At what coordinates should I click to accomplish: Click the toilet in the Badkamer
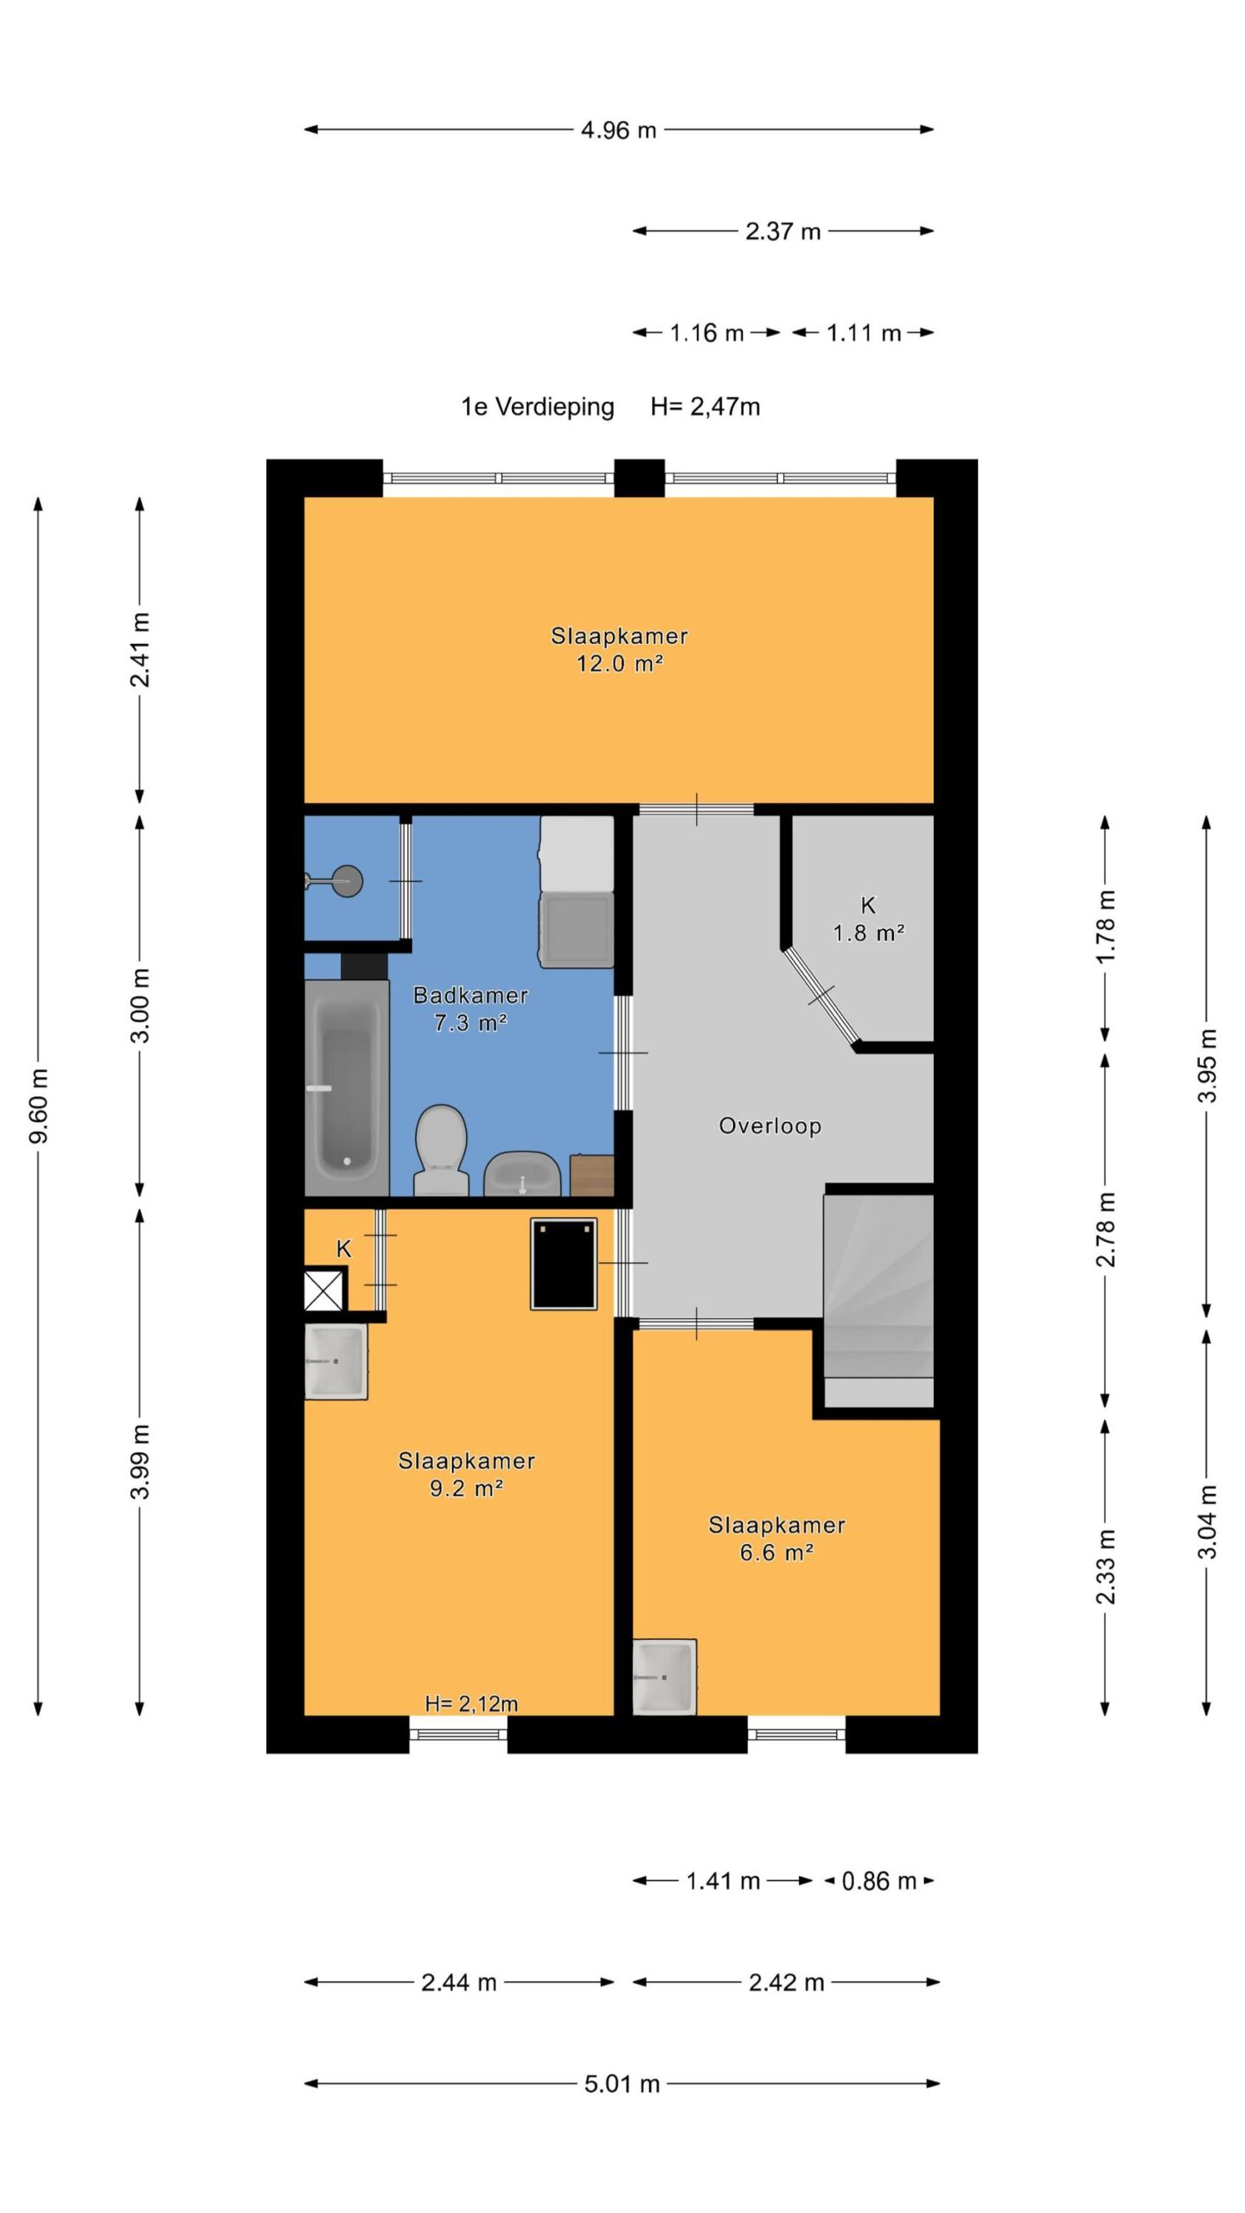(x=441, y=1150)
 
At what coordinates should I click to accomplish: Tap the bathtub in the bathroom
(x=346, y=1087)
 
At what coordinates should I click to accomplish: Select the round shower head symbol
(x=348, y=881)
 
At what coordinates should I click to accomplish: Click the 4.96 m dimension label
(x=618, y=131)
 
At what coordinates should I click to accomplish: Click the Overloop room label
(x=769, y=1126)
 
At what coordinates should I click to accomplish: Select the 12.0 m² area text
(x=619, y=664)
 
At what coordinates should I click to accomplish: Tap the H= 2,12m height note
(x=471, y=1703)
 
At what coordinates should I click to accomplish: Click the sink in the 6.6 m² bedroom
(x=664, y=1677)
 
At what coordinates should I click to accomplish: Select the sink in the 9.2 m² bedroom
(x=335, y=1362)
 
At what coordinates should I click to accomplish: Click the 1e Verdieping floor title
(x=538, y=406)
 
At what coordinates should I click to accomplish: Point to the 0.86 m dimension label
(x=878, y=1881)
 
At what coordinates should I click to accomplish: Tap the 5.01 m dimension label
(x=622, y=2083)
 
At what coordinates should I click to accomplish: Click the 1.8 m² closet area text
(x=868, y=934)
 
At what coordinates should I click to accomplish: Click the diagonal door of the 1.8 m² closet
(x=821, y=996)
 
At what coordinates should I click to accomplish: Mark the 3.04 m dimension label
(x=1207, y=1521)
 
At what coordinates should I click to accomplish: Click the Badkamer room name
(x=470, y=995)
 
